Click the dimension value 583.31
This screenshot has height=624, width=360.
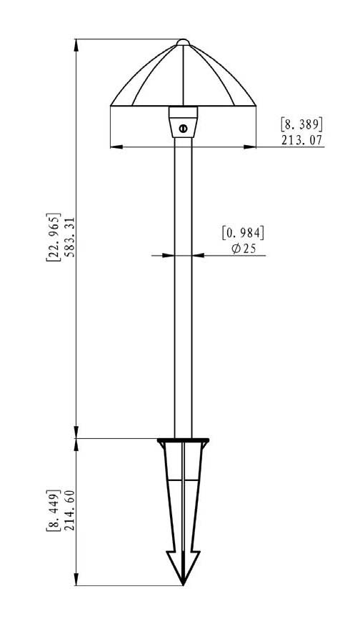[69, 237]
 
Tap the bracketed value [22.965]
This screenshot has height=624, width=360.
[54, 237]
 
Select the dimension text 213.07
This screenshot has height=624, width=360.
[302, 140]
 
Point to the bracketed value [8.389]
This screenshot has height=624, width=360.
[302, 124]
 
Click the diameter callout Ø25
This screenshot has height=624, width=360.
[244, 249]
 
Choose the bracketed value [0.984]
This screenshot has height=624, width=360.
[243, 233]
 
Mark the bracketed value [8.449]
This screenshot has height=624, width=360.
[54, 510]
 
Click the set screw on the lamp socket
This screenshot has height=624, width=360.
[183, 128]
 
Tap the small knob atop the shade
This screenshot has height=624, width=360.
[183, 42]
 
